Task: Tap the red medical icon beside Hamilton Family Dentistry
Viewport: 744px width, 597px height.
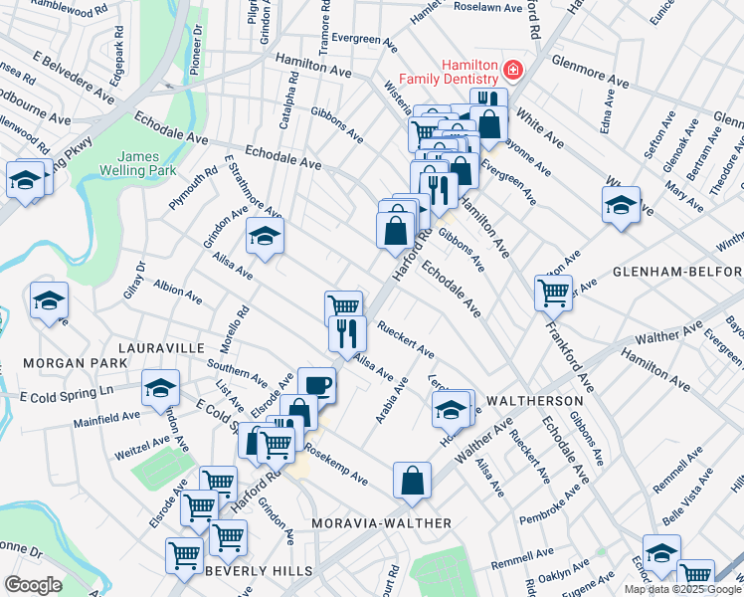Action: (x=512, y=70)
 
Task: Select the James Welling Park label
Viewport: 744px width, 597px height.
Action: (x=145, y=163)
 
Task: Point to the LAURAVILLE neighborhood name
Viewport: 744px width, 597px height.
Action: (x=161, y=348)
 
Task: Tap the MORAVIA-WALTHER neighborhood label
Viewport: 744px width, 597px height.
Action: (x=381, y=523)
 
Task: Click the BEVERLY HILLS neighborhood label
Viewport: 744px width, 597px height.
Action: (x=259, y=571)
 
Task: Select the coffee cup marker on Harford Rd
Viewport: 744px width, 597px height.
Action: (x=317, y=384)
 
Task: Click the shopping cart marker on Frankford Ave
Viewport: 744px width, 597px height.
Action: (x=554, y=292)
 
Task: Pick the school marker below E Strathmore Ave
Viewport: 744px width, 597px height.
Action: (x=265, y=235)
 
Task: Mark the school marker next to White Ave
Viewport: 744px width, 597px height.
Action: (x=621, y=204)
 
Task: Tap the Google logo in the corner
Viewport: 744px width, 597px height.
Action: (x=33, y=585)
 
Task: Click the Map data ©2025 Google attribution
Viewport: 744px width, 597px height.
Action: (x=682, y=589)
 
